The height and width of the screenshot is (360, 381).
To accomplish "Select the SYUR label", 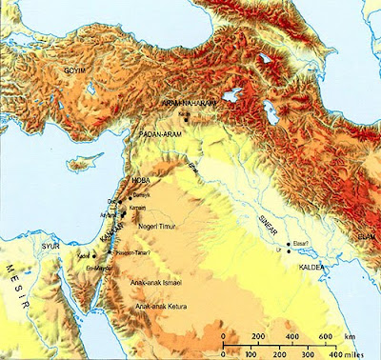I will point(51,245).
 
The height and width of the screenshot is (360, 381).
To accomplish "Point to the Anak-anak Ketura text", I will point(158,307).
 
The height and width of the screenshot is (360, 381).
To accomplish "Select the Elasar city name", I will point(304,245).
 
